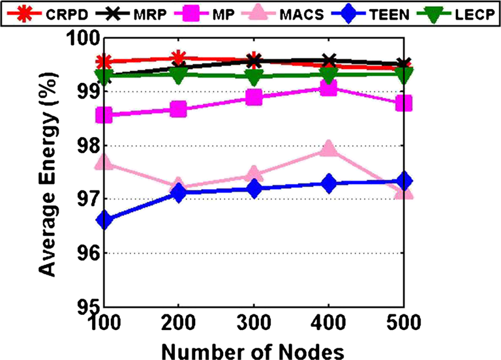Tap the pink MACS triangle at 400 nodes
click(x=329, y=149)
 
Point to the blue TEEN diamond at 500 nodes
click(x=404, y=181)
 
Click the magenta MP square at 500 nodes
click(x=404, y=103)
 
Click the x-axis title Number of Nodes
click(x=252, y=350)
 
